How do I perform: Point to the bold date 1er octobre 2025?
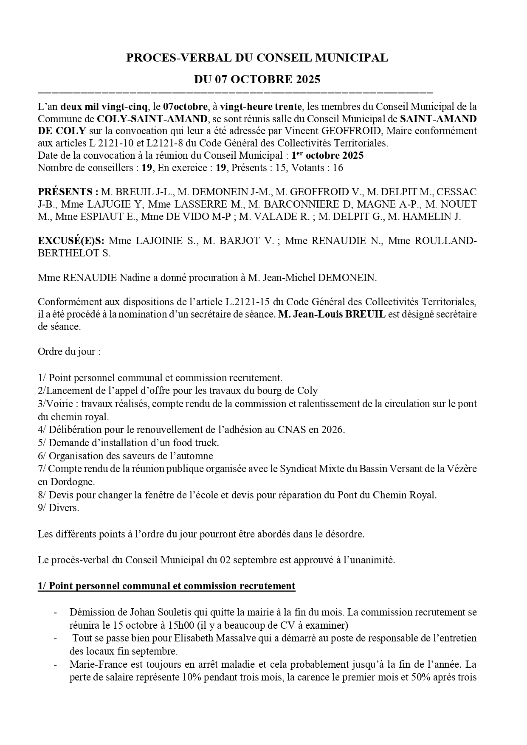coord(327,155)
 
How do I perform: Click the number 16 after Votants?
coord(338,168)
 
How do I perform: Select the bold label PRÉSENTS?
coord(68,192)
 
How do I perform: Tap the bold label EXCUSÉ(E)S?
coord(71,241)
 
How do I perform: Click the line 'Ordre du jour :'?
coord(69,352)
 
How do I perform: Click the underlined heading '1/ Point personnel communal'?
coord(166,586)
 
